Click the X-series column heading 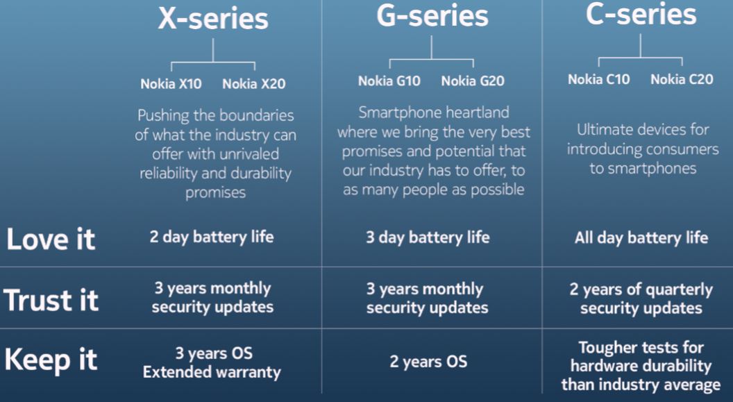(213, 19)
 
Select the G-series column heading (432, 16)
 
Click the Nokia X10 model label (171, 84)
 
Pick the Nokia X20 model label (254, 84)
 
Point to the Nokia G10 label (389, 81)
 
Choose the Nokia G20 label (473, 81)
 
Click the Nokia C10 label (599, 79)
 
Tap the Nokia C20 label (682, 79)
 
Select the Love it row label (51, 240)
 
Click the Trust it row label (51, 300)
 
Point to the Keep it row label (51, 360)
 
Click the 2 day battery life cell (212, 237)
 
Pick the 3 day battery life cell (428, 237)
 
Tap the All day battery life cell (641, 238)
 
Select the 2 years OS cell (429, 361)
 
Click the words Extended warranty (212, 372)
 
